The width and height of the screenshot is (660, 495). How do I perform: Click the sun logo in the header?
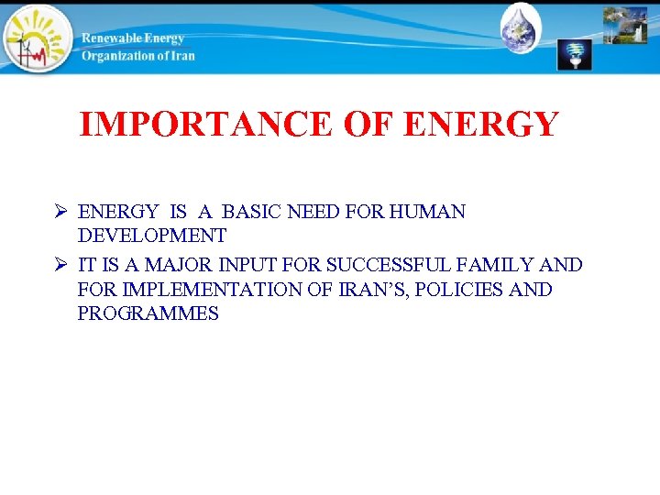point(37,38)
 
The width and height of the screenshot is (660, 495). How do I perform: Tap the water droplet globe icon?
point(522,27)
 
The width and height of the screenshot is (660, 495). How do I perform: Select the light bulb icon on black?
point(575,55)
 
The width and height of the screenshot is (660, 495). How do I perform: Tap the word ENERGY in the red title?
point(480,124)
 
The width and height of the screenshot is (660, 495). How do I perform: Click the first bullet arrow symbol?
point(60,213)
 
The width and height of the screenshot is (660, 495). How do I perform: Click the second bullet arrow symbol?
point(60,266)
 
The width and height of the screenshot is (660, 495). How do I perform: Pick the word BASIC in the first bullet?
point(253,213)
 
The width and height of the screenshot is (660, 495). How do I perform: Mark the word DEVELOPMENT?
point(152,236)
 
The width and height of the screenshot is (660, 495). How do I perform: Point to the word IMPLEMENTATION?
point(202,290)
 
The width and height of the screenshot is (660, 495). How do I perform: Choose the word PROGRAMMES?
point(148,314)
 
